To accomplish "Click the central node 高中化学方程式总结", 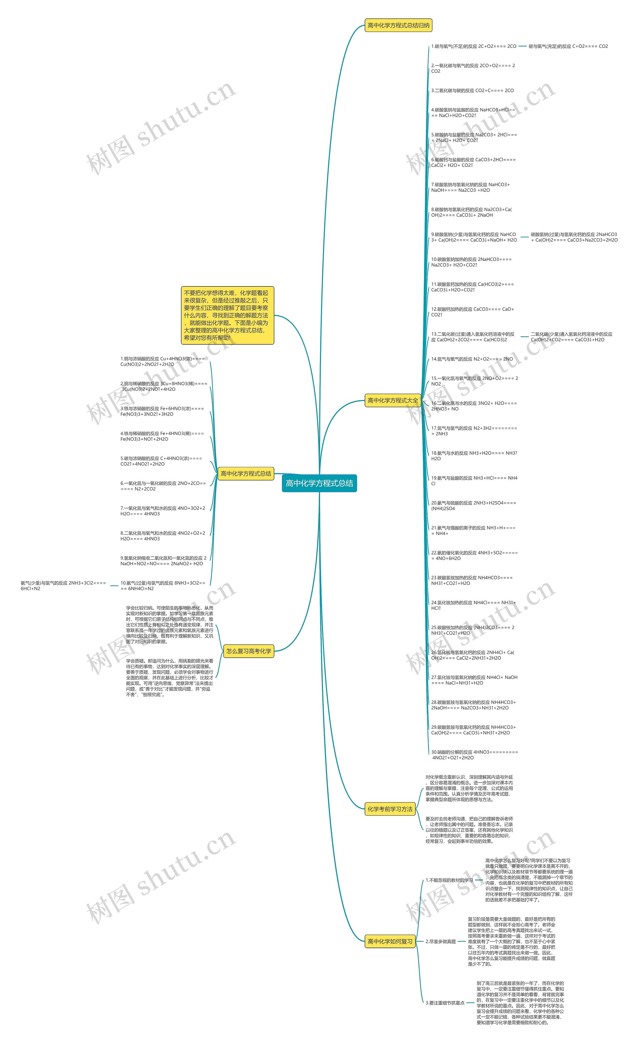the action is point(319,483).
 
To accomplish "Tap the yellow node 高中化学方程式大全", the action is point(392,400).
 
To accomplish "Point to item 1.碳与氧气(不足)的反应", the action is point(474,46).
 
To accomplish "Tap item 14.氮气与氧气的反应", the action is point(472,359).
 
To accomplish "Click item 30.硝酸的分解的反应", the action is point(474,755).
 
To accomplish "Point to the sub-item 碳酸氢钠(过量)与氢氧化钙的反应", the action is point(574,237).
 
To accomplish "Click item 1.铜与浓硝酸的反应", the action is point(162,362).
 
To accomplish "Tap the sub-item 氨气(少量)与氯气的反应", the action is point(63,586).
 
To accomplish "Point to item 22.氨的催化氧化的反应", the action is point(474,556).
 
